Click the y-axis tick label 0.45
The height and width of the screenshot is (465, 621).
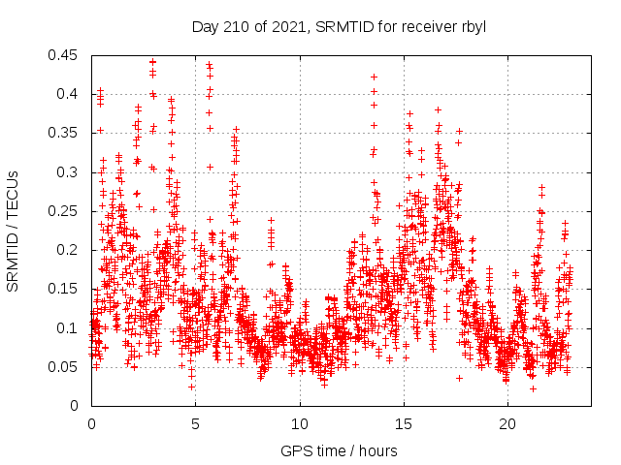pos(65,55)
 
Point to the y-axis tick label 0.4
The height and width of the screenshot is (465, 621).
pos(69,94)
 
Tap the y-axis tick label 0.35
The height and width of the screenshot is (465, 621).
pos(65,133)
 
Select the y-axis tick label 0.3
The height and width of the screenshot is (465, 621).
pos(69,172)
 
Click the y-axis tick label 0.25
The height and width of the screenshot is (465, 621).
pos(65,211)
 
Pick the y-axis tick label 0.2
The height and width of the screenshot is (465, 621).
pos(69,250)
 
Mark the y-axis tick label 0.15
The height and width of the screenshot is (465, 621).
pos(65,289)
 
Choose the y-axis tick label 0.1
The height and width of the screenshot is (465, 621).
pos(69,328)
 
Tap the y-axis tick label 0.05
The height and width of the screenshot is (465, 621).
pos(65,367)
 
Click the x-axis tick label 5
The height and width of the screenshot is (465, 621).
pos(195,424)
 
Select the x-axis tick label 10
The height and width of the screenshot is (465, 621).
pos(299,424)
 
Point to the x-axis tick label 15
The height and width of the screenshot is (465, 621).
pos(403,424)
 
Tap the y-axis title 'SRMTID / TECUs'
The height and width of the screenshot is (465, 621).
pos(13,231)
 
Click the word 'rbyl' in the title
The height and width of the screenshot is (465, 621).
pos(472,26)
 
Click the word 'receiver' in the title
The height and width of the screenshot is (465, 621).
pos(426,26)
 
